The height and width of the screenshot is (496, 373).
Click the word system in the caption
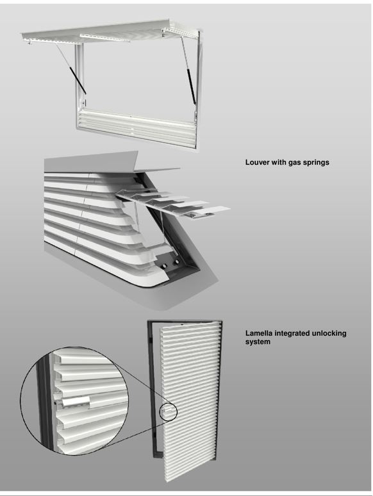(x=258, y=342)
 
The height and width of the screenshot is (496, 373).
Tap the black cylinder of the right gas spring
(x=191, y=87)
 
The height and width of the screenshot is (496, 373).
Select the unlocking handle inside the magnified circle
(x=76, y=402)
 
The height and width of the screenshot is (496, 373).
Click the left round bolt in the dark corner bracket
(x=165, y=267)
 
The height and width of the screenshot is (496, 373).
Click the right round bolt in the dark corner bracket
(x=177, y=262)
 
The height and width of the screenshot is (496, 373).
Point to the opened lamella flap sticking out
(x=172, y=204)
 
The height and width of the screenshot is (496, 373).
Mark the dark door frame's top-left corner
(x=148, y=322)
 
